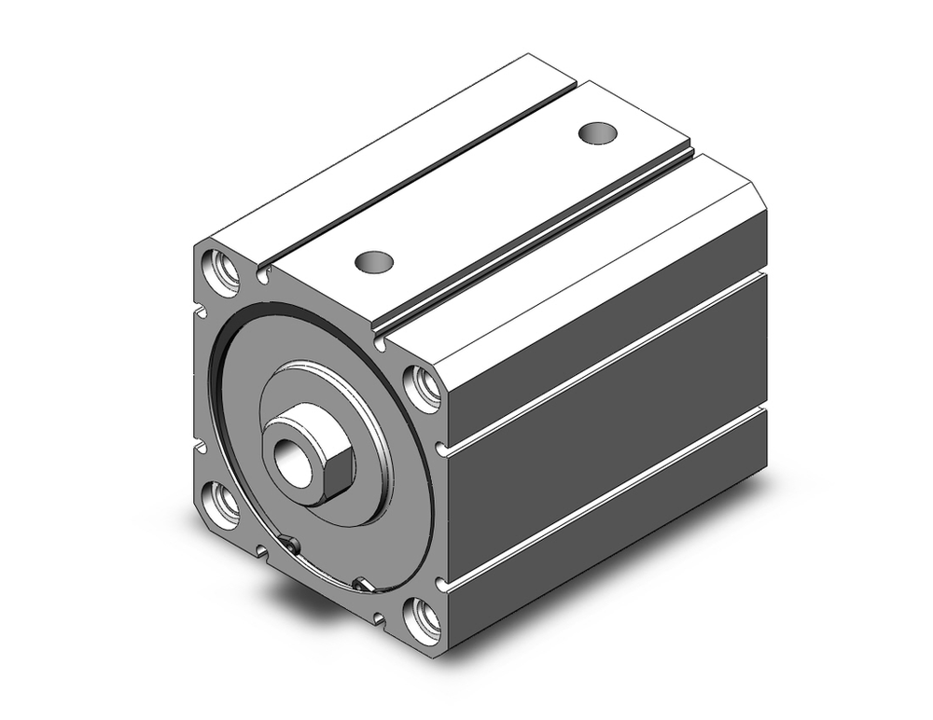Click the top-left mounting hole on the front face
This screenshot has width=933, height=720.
point(225,270)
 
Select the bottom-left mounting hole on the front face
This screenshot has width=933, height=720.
point(224,504)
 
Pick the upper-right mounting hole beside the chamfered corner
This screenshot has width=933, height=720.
point(425,387)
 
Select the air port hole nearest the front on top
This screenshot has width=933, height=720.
point(373,261)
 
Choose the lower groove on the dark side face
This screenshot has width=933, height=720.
point(606,499)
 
